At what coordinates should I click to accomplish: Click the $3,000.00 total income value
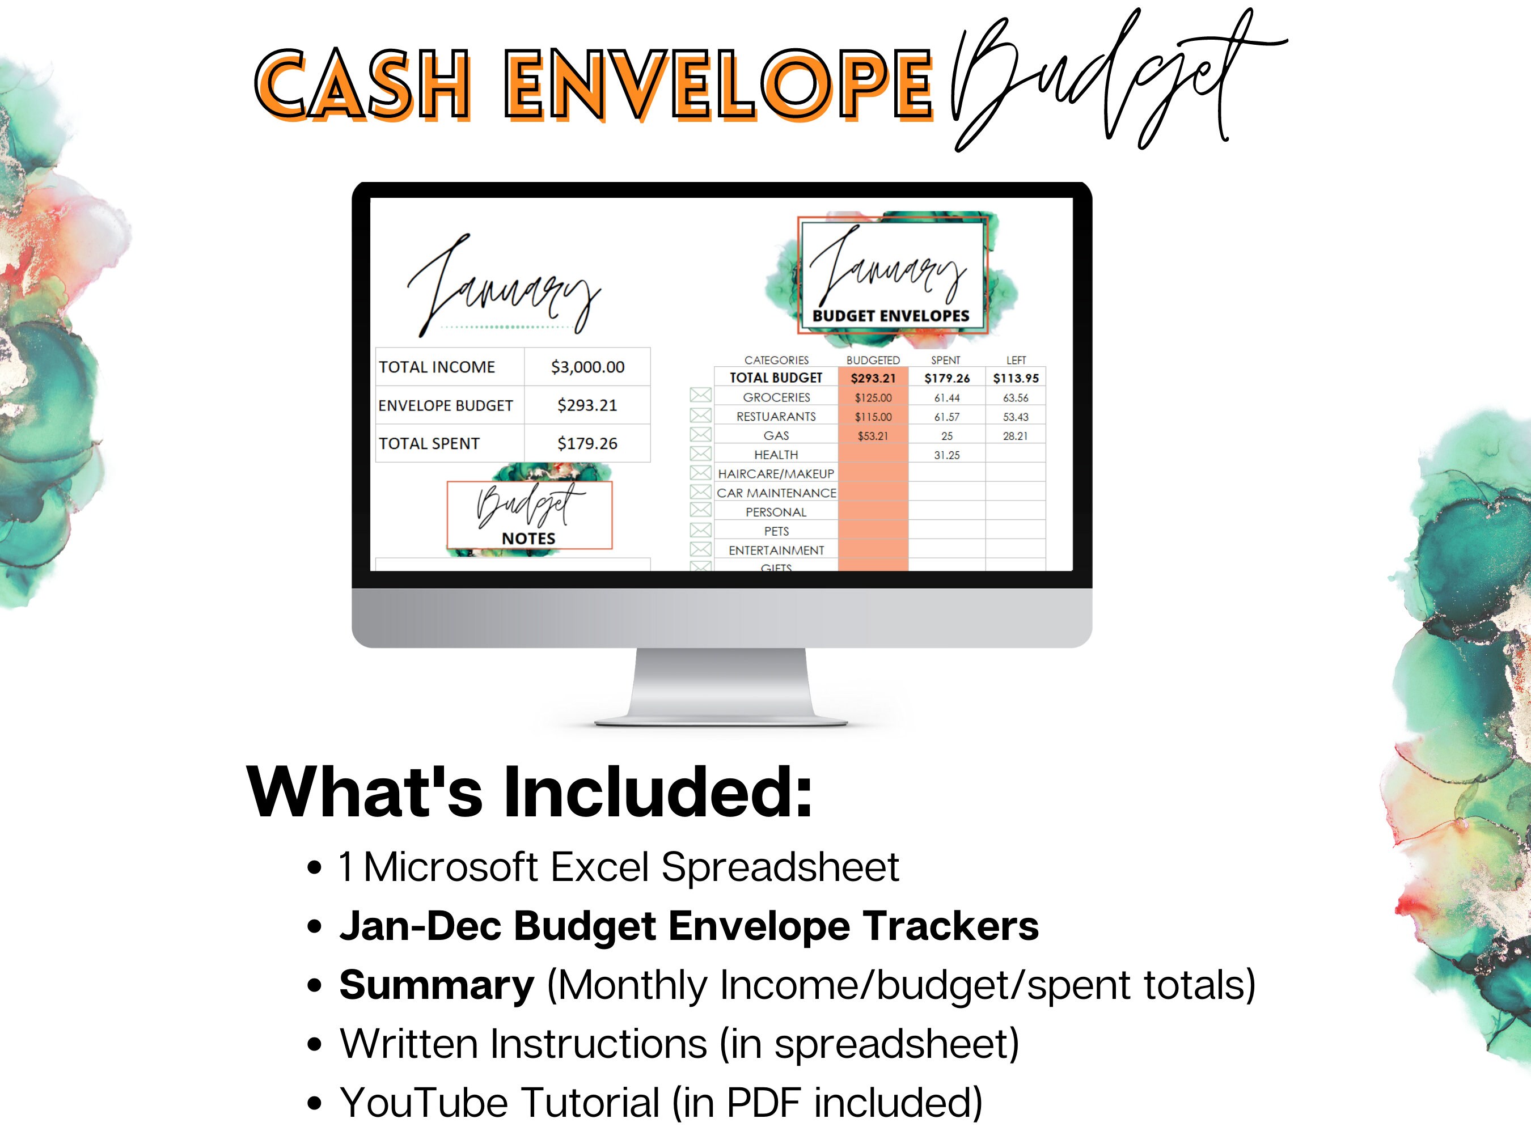pos(587,367)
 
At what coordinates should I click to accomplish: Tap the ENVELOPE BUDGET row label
pos(445,405)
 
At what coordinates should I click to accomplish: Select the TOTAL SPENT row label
pos(429,443)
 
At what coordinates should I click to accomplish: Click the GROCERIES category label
pos(776,397)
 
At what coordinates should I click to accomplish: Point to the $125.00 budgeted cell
pos(873,398)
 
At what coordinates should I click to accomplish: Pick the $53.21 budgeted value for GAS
pos(873,436)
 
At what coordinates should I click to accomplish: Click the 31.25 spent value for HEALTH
pos(946,455)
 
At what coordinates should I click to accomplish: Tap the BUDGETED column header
pos(873,361)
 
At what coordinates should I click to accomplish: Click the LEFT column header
pos(1016,361)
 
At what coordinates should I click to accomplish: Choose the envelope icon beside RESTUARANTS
pos(700,415)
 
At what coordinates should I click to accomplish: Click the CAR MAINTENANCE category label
pos(776,493)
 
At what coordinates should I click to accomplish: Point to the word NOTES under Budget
pos(528,539)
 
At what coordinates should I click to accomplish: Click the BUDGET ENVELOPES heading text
pos(891,316)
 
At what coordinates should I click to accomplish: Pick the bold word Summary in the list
pos(437,985)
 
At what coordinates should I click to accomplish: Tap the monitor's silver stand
pos(721,685)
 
